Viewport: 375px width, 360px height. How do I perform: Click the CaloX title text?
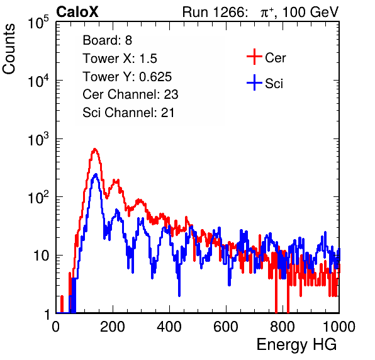[77, 12]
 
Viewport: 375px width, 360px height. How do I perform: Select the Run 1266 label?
[215, 12]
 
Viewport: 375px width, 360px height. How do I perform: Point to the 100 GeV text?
[310, 12]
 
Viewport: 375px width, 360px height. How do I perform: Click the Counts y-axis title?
[9, 49]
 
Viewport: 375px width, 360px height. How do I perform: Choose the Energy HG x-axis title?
[296, 345]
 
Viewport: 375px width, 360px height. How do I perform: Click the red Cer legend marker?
[254, 57]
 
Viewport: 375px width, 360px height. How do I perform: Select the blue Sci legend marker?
[254, 83]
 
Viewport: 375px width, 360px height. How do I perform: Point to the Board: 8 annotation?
[108, 40]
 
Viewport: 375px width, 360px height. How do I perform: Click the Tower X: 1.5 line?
[120, 59]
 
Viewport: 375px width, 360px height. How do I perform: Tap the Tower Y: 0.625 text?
[127, 77]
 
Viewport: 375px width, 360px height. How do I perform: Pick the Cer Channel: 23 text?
[130, 94]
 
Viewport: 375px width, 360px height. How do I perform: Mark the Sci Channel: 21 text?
[128, 113]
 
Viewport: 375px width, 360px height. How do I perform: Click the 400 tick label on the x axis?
[169, 327]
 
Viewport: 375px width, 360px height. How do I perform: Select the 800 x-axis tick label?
[283, 327]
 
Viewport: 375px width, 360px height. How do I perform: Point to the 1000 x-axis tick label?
[339, 327]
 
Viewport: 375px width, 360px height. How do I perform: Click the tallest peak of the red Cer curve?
[95, 149]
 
